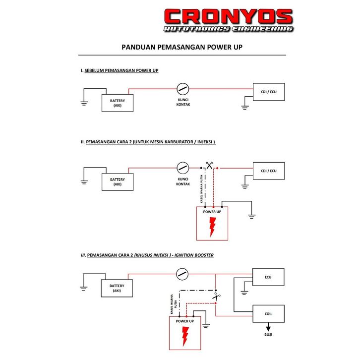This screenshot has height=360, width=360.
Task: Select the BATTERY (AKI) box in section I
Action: point(118,103)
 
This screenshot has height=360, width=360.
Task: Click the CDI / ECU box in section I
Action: point(269,92)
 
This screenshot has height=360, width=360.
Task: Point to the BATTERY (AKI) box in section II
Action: point(118,181)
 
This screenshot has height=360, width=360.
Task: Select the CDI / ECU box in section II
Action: point(269,171)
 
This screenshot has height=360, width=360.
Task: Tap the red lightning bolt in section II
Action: point(213,227)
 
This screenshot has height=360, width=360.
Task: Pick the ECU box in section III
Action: point(268,277)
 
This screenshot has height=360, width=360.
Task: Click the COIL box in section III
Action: point(268,313)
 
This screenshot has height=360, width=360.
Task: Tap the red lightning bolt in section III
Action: point(185,337)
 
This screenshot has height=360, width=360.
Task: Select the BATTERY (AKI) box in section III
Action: point(117,288)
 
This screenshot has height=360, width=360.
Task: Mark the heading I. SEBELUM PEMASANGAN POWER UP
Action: point(120,71)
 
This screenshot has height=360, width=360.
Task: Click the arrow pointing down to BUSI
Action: point(268,328)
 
